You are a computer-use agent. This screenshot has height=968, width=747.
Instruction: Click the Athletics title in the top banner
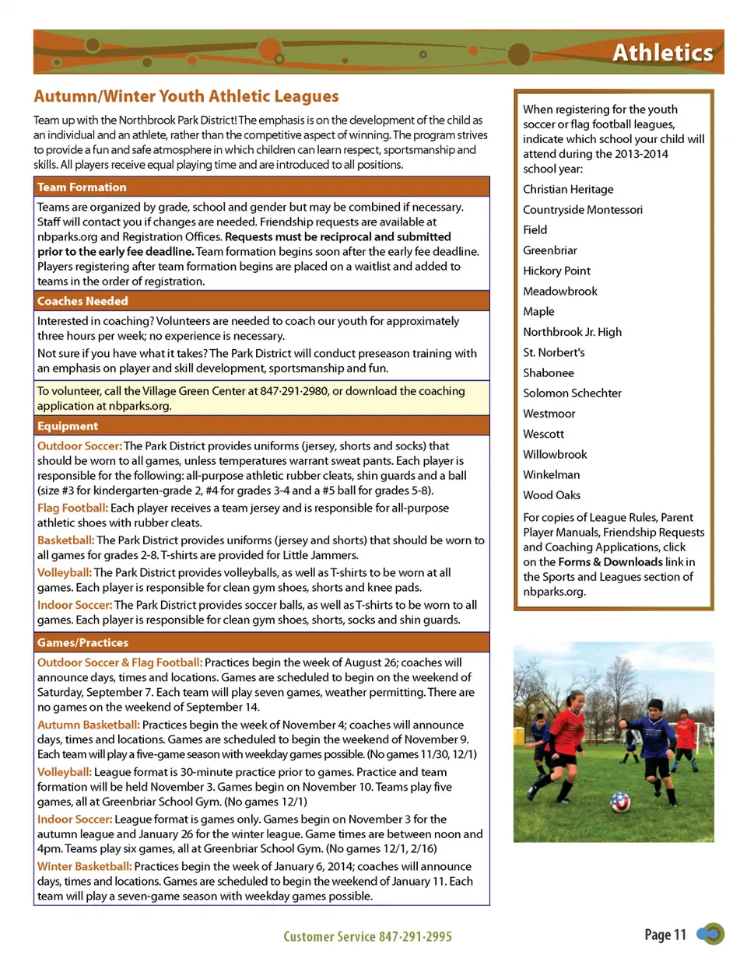point(662,52)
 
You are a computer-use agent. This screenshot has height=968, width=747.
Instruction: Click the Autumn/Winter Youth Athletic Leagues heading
point(186,96)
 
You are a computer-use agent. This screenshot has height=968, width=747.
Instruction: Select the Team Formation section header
point(82,187)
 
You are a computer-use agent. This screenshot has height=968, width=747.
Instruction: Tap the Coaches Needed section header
point(82,301)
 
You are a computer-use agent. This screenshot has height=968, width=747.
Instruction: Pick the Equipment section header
point(68,426)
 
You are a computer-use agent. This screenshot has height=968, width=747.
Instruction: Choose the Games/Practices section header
point(82,643)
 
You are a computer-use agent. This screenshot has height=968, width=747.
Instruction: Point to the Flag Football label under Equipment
point(72,508)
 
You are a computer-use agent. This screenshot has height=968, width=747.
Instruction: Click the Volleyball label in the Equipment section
point(65,572)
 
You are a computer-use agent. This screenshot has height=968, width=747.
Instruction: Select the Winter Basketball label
point(84,866)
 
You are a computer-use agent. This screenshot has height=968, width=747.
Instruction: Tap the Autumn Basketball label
point(88,725)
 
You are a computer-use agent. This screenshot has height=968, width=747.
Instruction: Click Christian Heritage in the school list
point(568,189)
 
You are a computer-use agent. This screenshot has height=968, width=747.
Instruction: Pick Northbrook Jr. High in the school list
point(572,332)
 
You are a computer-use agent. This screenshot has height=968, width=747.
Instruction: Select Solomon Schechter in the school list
point(572,393)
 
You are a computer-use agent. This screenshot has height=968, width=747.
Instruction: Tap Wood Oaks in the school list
point(552,495)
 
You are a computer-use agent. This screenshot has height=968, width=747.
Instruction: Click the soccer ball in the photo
point(620,802)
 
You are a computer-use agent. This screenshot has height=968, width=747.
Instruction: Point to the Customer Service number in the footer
point(367,937)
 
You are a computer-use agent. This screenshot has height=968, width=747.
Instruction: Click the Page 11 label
point(665,935)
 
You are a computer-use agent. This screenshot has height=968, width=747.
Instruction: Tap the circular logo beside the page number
point(711,934)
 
